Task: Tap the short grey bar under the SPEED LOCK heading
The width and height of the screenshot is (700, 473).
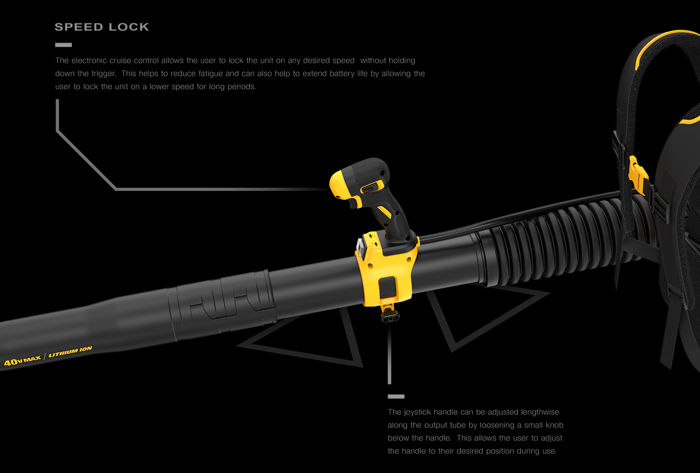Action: pyautogui.click(x=63, y=45)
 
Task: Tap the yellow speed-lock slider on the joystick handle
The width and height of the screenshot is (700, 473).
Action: pyautogui.click(x=370, y=187)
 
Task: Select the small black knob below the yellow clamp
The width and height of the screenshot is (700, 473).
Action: pyautogui.click(x=389, y=316)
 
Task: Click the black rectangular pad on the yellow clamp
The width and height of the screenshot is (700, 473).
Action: pyautogui.click(x=387, y=288)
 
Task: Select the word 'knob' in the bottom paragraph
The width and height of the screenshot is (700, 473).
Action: pyautogui.click(x=553, y=425)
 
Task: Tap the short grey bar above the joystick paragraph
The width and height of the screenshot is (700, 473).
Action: pyautogui.click(x=396, y=396)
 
